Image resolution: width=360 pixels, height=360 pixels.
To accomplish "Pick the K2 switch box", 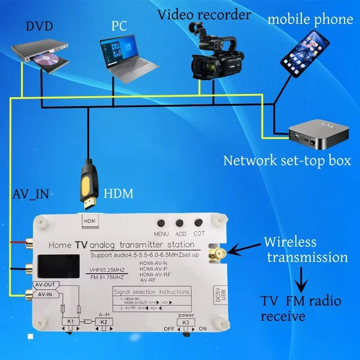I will pyautogui.click(x=104, y=322).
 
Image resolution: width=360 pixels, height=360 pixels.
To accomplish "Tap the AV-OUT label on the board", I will pyautogui.click(x=45, y=285).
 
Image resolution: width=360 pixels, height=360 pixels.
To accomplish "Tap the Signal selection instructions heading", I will pyautogui.click(x=152, y=292).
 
